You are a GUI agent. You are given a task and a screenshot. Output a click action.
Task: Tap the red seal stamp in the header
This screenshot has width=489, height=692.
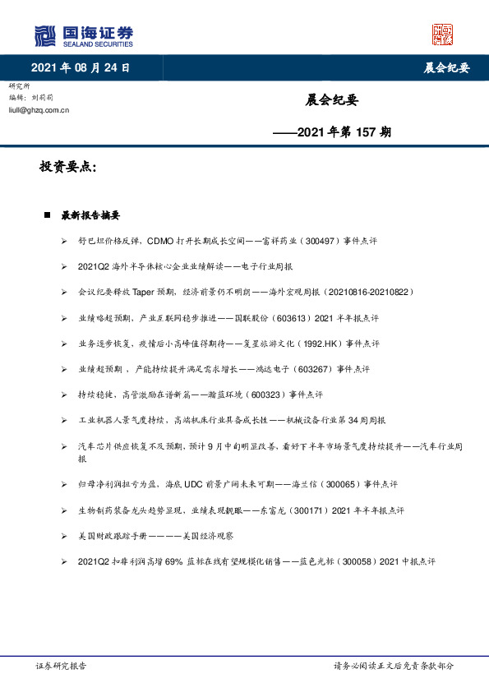click(443, 34)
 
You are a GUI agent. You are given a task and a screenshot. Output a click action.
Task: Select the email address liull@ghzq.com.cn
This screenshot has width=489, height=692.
click(39, 109)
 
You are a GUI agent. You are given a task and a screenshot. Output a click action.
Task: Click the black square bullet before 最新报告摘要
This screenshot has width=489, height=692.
click(48, 215)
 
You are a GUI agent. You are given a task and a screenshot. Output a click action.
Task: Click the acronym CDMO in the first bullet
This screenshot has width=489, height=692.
click(161, 242)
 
